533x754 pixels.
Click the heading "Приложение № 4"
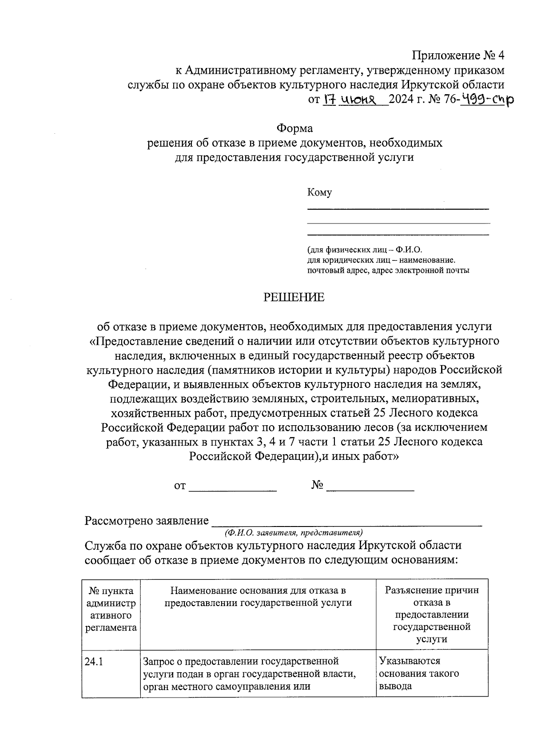click(458, 56)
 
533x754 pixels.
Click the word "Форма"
click(294, 128)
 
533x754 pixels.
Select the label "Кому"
click(319, 192)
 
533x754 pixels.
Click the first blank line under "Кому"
click(398, 208)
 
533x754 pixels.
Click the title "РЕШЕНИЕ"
click(294, 297)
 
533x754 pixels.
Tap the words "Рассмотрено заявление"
click(147, 521)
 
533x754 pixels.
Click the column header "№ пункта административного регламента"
click(111, 609)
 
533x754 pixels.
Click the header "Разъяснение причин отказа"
click(432, 614)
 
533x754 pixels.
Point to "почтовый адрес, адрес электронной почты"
click(388, 270)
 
